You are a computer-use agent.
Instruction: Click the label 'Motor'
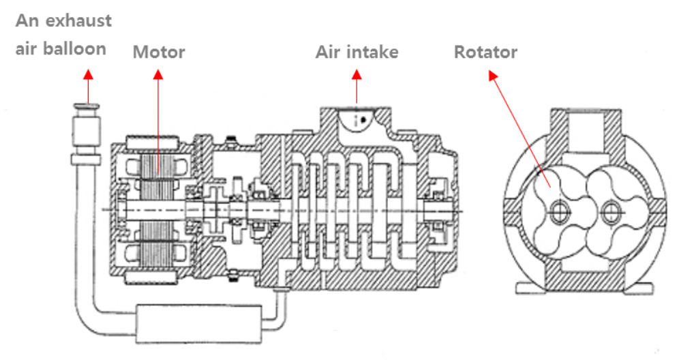pyautogui.click(x=158, y=52)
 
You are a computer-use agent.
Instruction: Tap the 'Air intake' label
pyautogui.click(x=357, y=52)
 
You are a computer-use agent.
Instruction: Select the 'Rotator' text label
pyautogui.click(x=485, y=52)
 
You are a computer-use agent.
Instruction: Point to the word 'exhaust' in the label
pyautogui.click(x=78, y=20)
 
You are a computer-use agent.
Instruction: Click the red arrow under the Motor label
pyautogui.click(x=158, y=116)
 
